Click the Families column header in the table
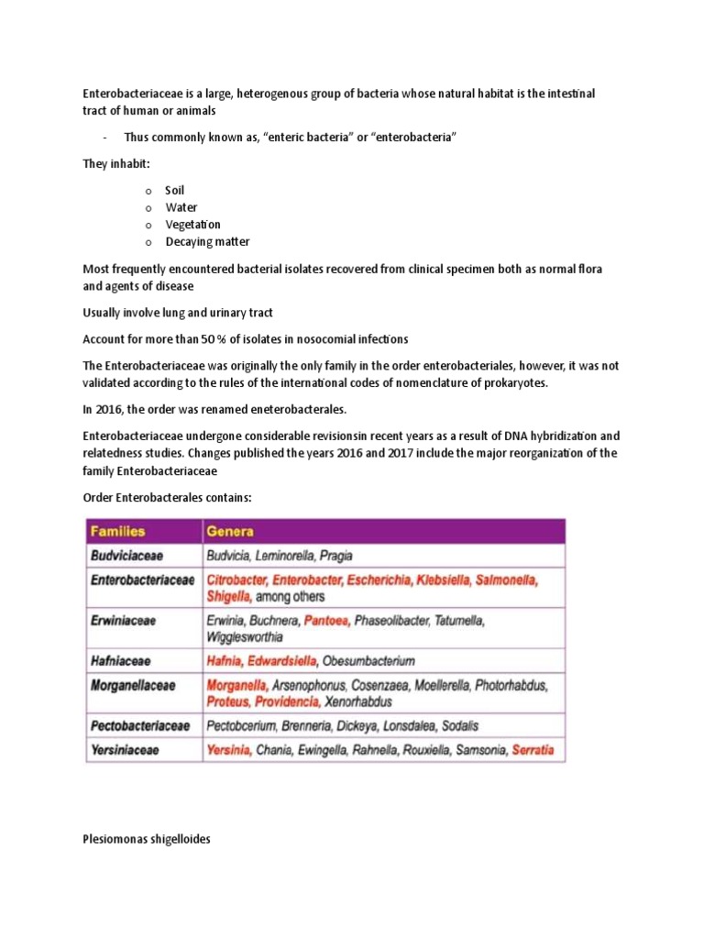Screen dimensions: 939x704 117,532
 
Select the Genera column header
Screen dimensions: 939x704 230,532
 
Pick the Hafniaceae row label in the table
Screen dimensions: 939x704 121,660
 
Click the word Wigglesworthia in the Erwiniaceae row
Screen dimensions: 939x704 245,636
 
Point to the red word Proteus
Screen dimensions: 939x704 228,701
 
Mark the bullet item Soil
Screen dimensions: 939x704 174,191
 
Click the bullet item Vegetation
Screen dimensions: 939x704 192,225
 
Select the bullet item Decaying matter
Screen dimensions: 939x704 207,242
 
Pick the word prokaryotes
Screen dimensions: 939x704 517,382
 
